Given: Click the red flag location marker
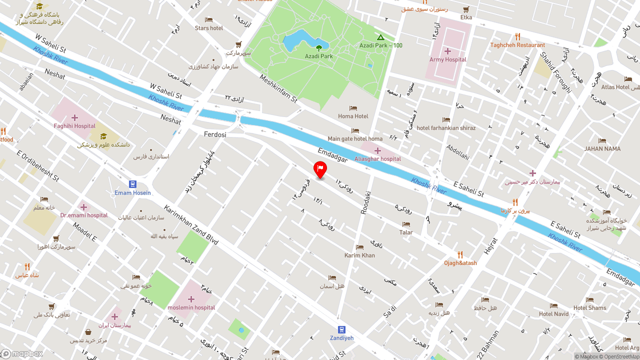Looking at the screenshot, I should [320, 169].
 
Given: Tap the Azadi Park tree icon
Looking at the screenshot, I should [319, 48].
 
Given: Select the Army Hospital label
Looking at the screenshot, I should [447, 59].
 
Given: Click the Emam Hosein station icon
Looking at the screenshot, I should [132, 184].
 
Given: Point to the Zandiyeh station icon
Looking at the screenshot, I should [341, 329].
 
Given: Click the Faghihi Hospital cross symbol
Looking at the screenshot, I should [74, 118].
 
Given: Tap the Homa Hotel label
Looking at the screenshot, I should [353, 116].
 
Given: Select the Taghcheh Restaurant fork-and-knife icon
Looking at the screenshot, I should [517, 36].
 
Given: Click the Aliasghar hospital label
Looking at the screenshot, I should [377, 159].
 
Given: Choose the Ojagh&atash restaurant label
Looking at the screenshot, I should [460, 263].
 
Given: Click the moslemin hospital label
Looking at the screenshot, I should [191, 307].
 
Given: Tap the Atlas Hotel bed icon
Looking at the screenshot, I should [628, 79].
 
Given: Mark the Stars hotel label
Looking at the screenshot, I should [209, 28].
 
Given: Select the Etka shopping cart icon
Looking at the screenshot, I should [466, 9].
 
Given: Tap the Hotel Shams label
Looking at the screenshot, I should [589, 308].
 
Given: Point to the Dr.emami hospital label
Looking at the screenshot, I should [84, 215].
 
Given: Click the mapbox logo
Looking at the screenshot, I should [22, 354].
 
